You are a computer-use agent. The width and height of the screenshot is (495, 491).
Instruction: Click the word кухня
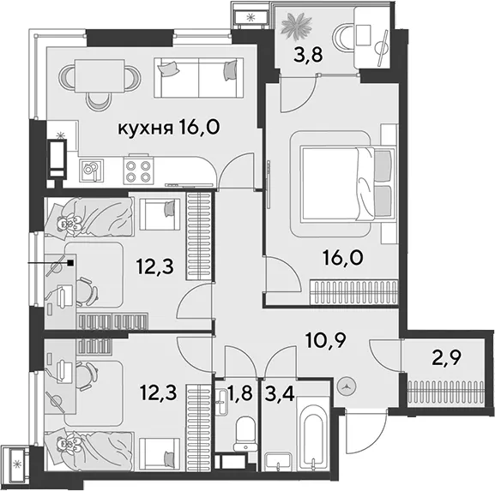145,129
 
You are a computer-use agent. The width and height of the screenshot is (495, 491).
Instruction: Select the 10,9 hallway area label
326,340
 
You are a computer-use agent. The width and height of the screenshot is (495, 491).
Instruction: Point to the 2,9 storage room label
446,357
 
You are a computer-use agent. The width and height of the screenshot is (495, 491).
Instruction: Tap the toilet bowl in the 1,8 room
245,434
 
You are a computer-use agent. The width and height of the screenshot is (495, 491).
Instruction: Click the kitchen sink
91,170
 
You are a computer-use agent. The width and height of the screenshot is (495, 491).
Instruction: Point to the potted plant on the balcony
297,27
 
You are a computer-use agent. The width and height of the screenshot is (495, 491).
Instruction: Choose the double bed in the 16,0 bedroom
348,183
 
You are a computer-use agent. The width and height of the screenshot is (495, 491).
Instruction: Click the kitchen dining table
100,76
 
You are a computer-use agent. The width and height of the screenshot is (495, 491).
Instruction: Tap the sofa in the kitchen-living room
198,78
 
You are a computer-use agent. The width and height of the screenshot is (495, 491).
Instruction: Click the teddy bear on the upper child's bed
68,222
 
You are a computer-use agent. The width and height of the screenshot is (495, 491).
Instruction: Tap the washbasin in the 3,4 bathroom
279,462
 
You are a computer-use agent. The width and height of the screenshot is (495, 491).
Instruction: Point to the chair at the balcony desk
343,38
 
